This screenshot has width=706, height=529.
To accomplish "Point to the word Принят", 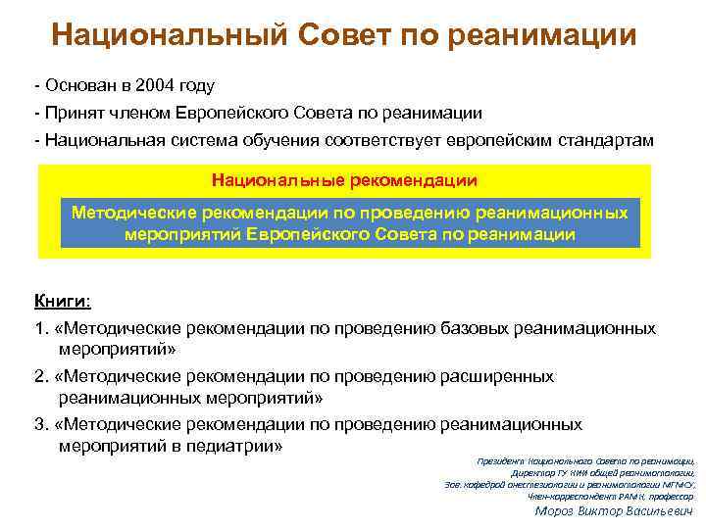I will (x=71, y=114).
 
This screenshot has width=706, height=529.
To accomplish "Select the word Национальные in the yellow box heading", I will (x=272, y=181).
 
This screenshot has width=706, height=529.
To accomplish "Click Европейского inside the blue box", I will (x=310, y=235).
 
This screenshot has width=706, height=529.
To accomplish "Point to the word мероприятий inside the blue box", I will (x=182, y=235).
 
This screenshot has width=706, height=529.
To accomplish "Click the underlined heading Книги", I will (x=62, y=301).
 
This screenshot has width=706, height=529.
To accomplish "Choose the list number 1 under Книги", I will (x=40, y=329).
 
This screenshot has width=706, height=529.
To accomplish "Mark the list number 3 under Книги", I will (x=40, y=424).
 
